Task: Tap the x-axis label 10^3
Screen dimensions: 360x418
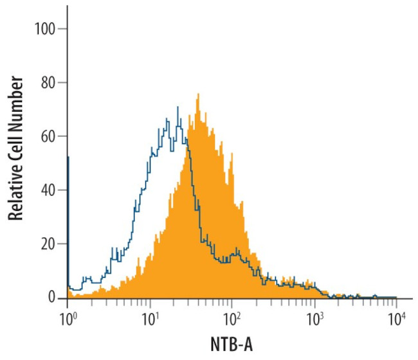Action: [314, 317]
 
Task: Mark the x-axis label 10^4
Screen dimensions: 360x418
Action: [396, 317]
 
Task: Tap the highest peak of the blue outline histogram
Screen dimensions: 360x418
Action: [177, 107]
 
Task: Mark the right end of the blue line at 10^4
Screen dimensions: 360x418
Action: [395, 297]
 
